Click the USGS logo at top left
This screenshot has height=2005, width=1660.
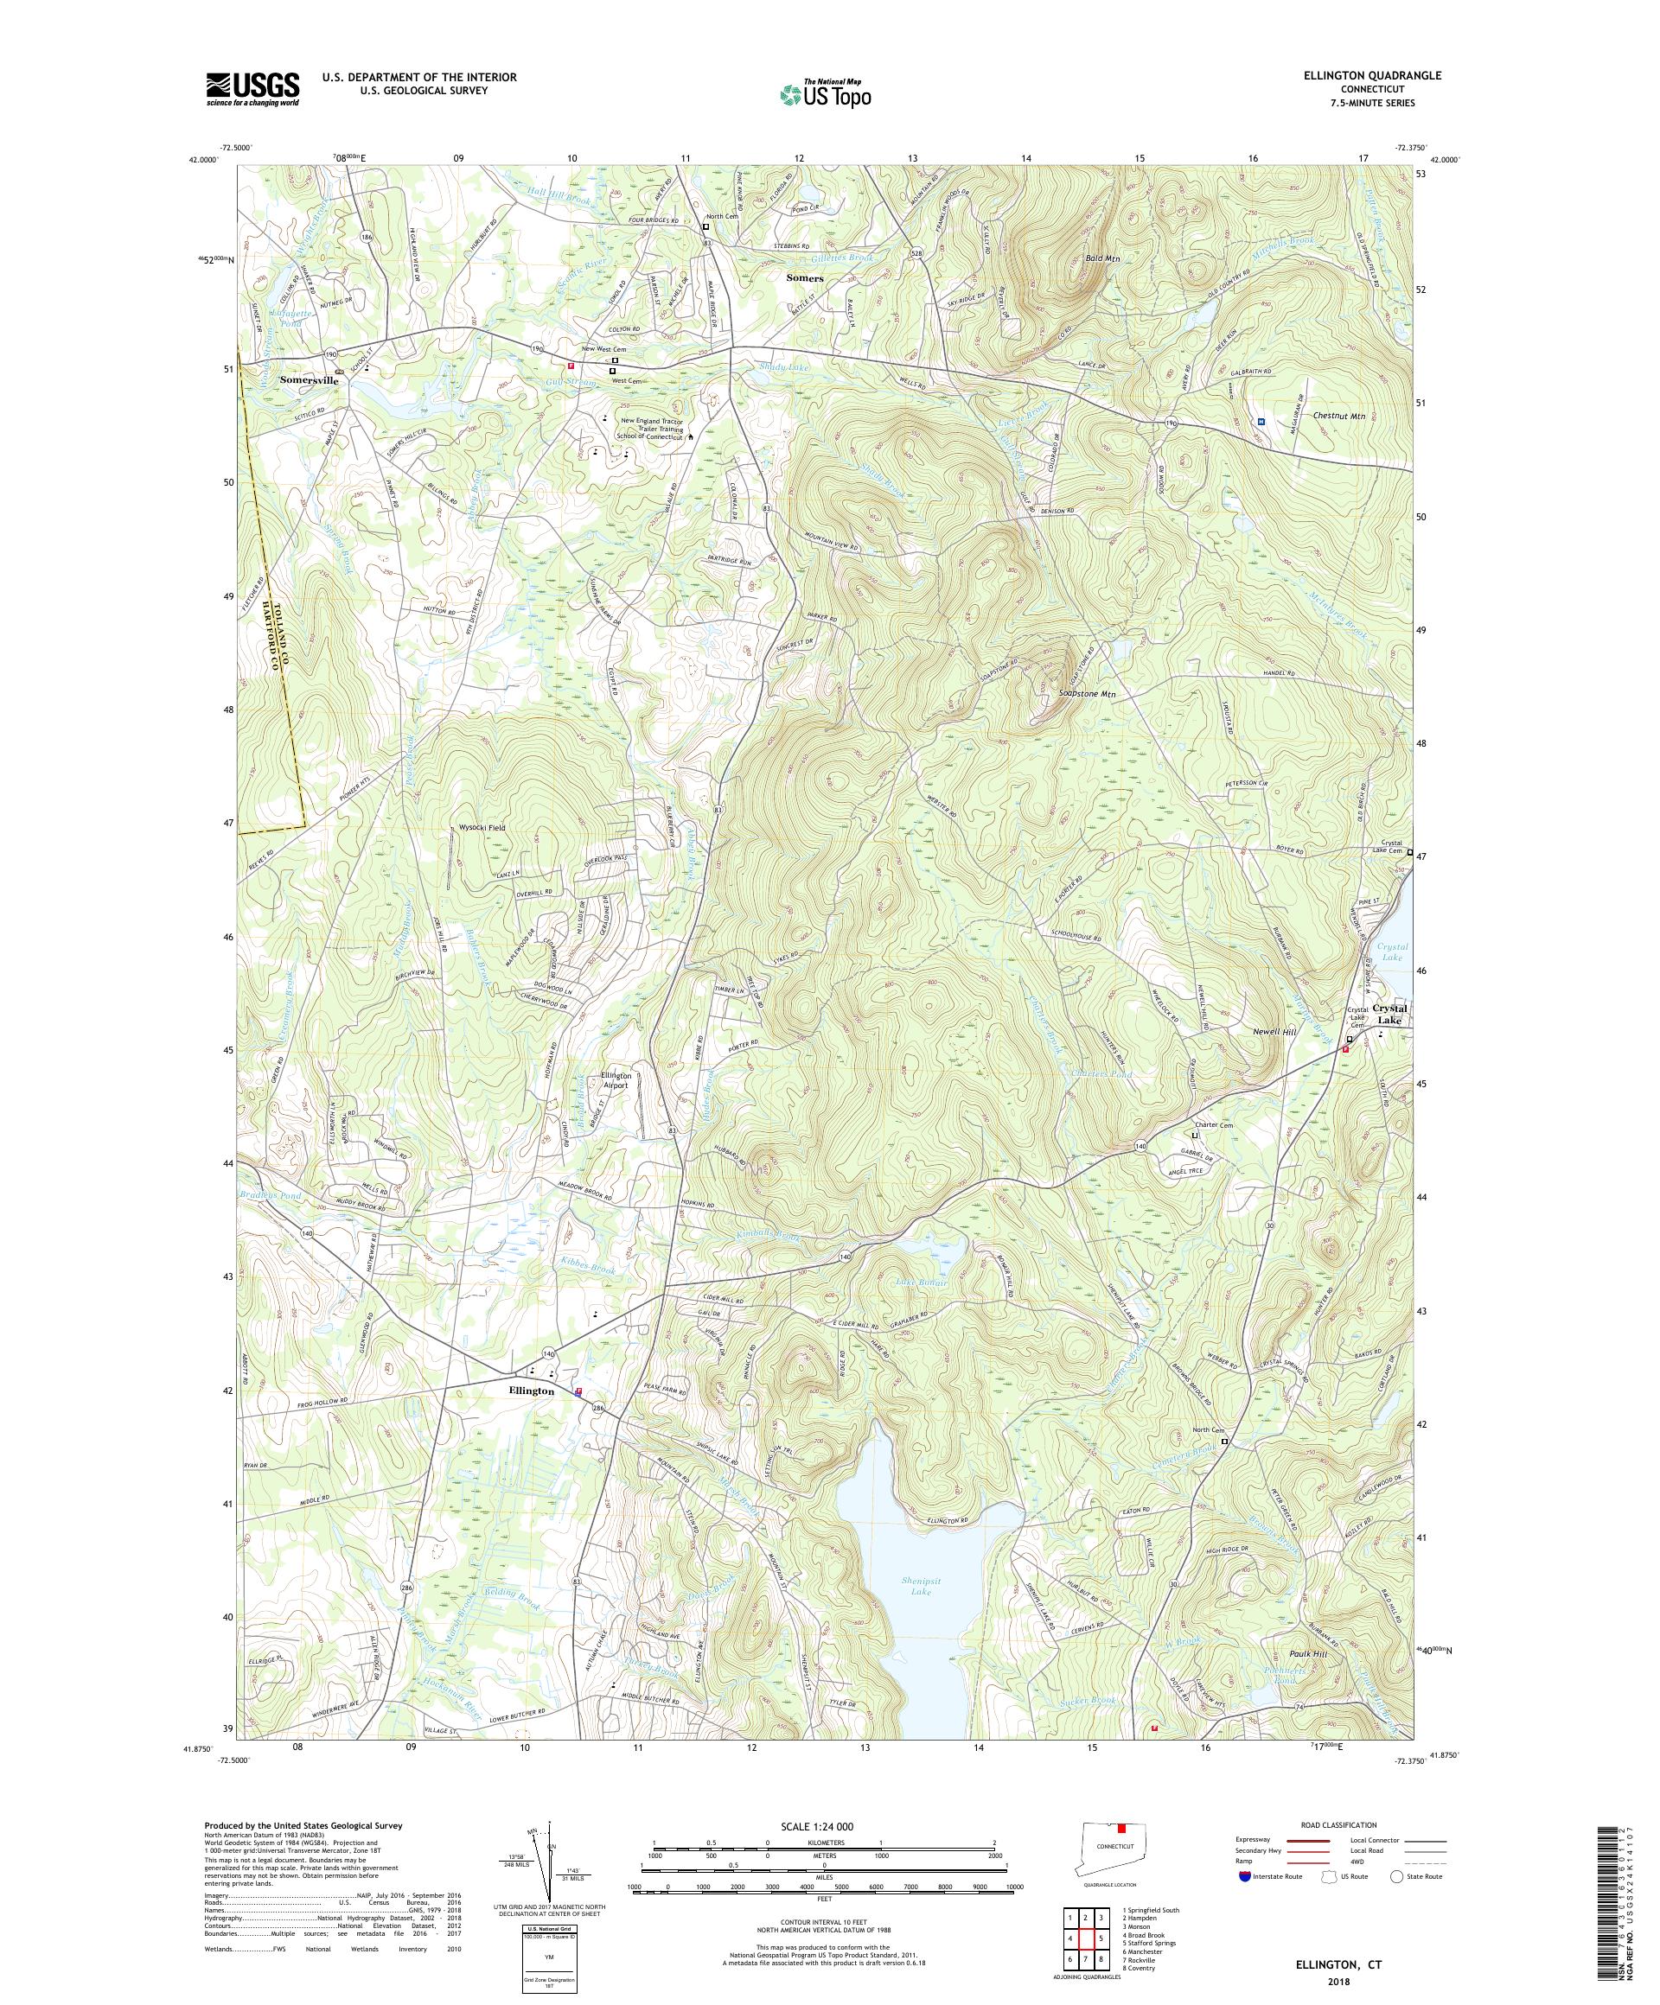pyautogui.click(x=253, y=90)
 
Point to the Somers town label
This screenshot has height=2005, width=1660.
pyautogui.click(x=804, y=277)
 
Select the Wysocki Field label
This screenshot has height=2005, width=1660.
pyautogui.click(x=482, y=828)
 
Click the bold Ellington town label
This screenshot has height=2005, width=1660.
pyautogui.click(x=531, y=1391)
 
